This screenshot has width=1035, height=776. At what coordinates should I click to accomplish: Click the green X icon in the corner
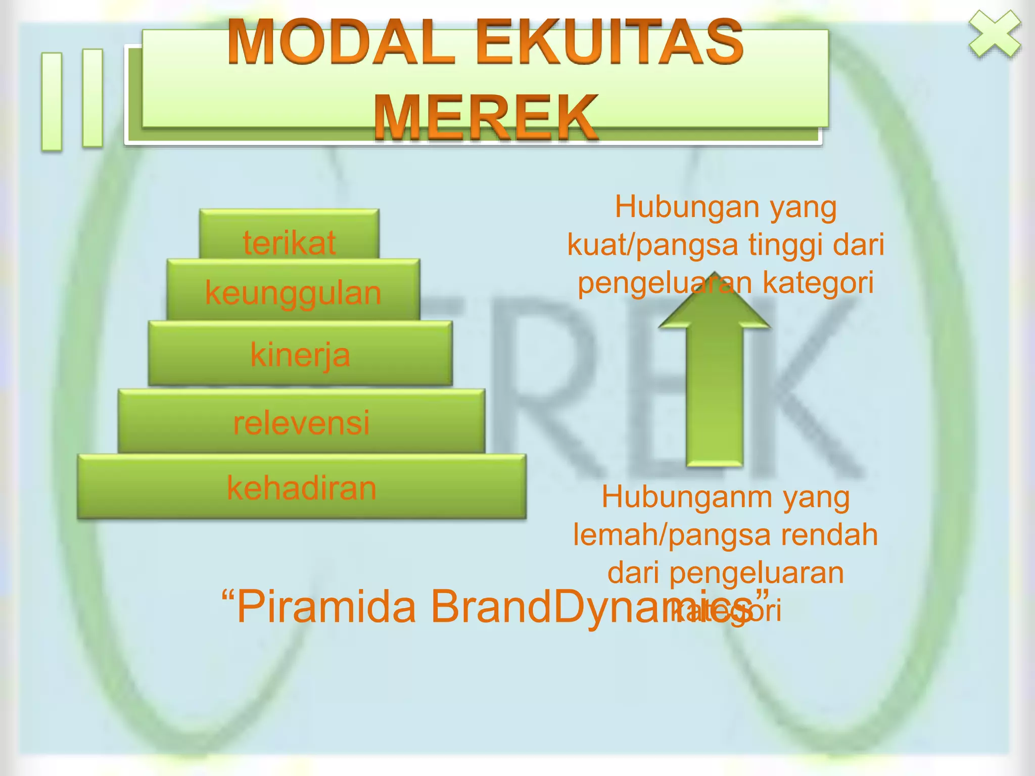[x=995, y=34]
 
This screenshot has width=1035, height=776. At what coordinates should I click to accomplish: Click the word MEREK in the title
[x=485, y=117]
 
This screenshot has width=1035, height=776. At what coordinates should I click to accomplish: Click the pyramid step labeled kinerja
[x=300, y=354]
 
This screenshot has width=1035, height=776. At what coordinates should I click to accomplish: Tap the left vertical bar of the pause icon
[x=52, y=102]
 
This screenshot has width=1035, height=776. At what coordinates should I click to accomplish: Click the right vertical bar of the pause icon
[x=92, y=98]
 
